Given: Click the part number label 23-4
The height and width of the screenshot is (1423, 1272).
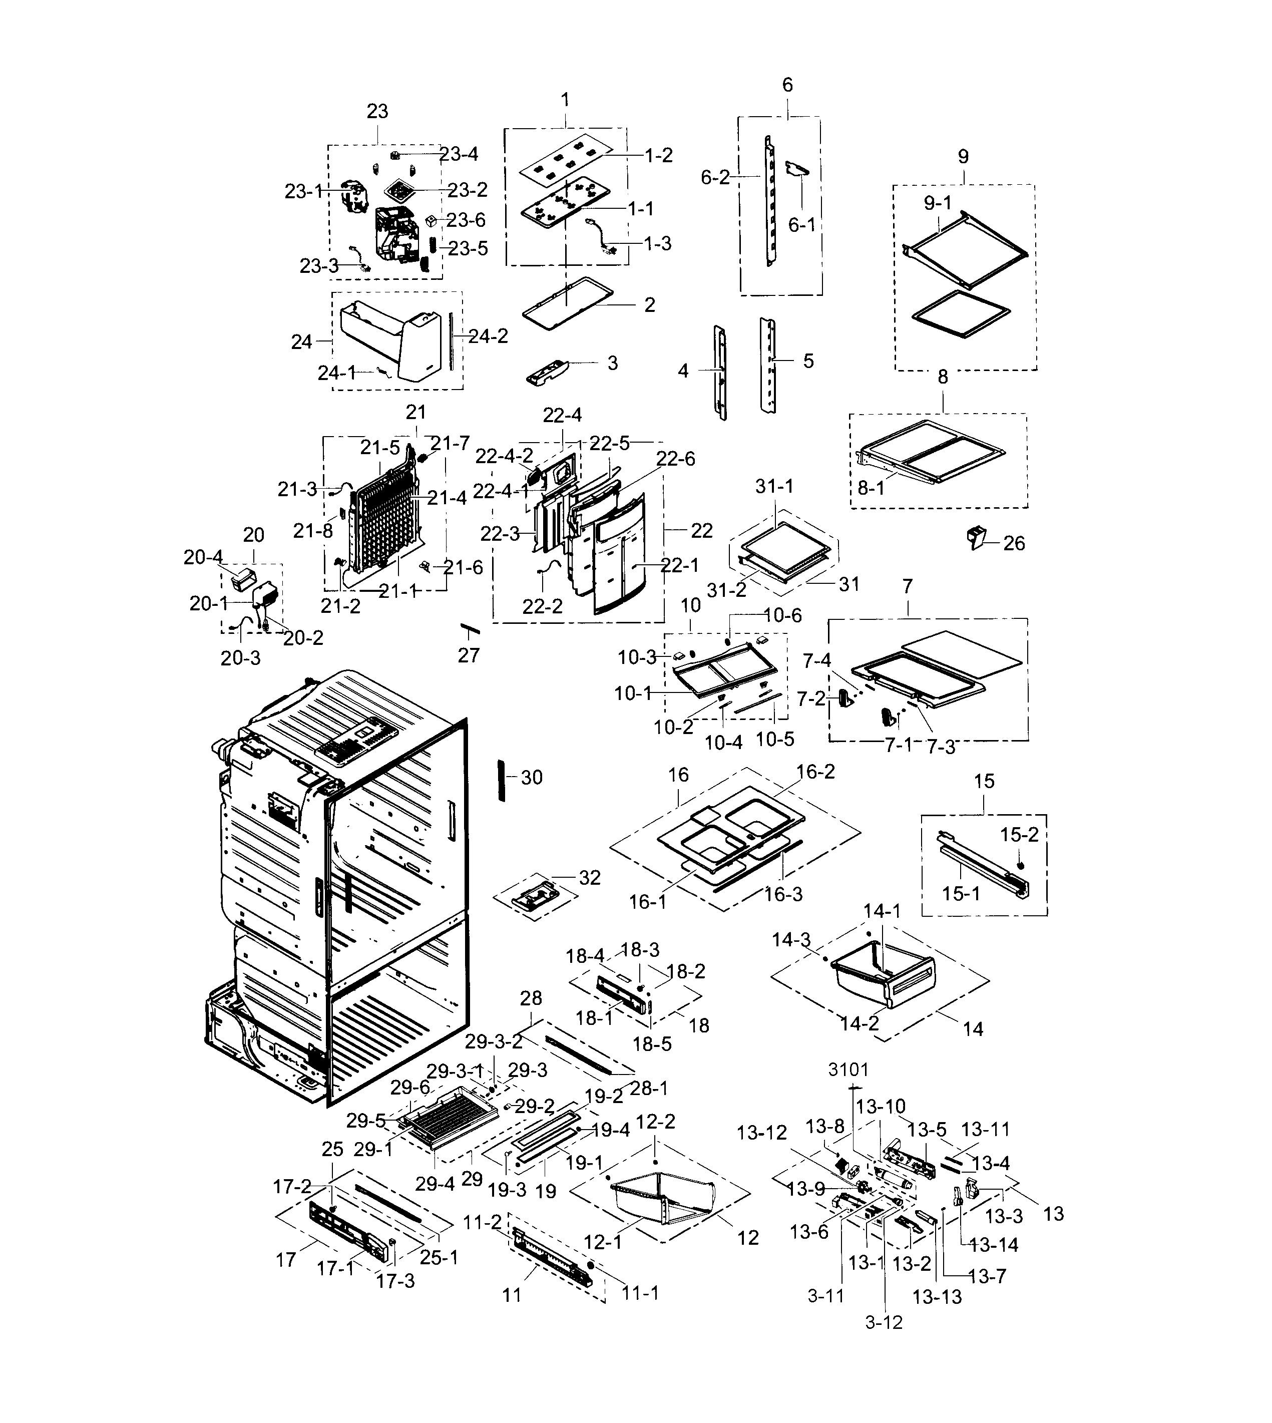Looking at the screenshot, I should click(x=459, y=154).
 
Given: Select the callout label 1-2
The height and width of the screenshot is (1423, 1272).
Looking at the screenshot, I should click(x=658, y=155).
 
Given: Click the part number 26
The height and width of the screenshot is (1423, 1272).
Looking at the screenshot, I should click(x=1014, y=543).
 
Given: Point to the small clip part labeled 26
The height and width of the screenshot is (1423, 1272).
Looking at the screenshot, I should click(x=976, y=538).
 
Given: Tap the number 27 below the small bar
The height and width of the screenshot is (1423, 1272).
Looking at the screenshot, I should click(x=469, y=655).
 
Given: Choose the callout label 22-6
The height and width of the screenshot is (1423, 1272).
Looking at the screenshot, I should click(x=675, y=459).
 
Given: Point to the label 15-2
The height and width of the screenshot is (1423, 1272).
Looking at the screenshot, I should click(x=1019, y=835).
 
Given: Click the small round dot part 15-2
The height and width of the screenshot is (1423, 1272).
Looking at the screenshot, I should click(x=1021, y=865).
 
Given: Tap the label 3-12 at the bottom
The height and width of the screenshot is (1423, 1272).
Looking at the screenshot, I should click(x=884, y=1322).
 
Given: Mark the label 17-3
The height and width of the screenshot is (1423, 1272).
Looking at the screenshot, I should click(x=395, y=1280).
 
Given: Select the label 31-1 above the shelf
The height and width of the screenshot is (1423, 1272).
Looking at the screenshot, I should click(x=774, y=486).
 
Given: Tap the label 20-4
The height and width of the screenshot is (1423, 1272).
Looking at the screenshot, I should click(x=203, y=557).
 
